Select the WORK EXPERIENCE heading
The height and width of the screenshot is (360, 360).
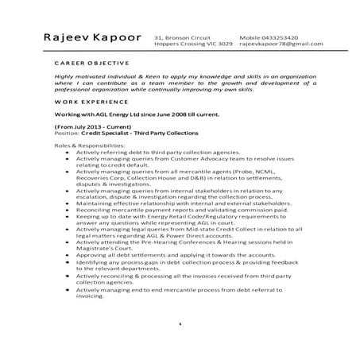click(80, 103)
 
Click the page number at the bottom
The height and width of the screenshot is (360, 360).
click(180, 323)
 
